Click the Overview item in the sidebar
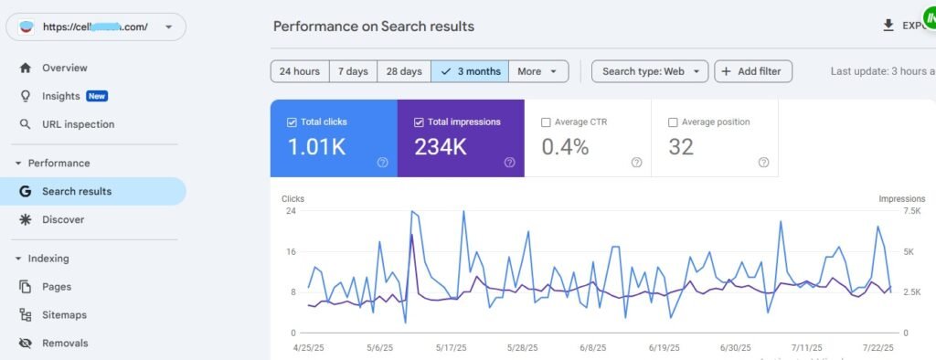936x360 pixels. [x=64, y=68]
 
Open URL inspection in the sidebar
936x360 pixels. [x=78, y=124]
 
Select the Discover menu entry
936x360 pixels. [x=62, y=219]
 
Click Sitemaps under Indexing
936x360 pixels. [x=64, y=315]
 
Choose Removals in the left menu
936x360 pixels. [x=64, y=344]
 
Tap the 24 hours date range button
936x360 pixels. [x=299, y=71]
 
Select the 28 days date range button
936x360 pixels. [x=403, y=71]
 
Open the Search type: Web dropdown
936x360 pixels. [x=649, y=71]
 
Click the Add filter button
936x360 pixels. [x=753, y=71]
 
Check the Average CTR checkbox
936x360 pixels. [x=547, y=122]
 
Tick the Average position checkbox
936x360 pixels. [x=674, y=122]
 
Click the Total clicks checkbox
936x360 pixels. [x=292, y=122]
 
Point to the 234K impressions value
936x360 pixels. [x=441, y=146]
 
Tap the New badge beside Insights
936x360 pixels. [x=97, y=96]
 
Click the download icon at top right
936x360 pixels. [x=888, y=26]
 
